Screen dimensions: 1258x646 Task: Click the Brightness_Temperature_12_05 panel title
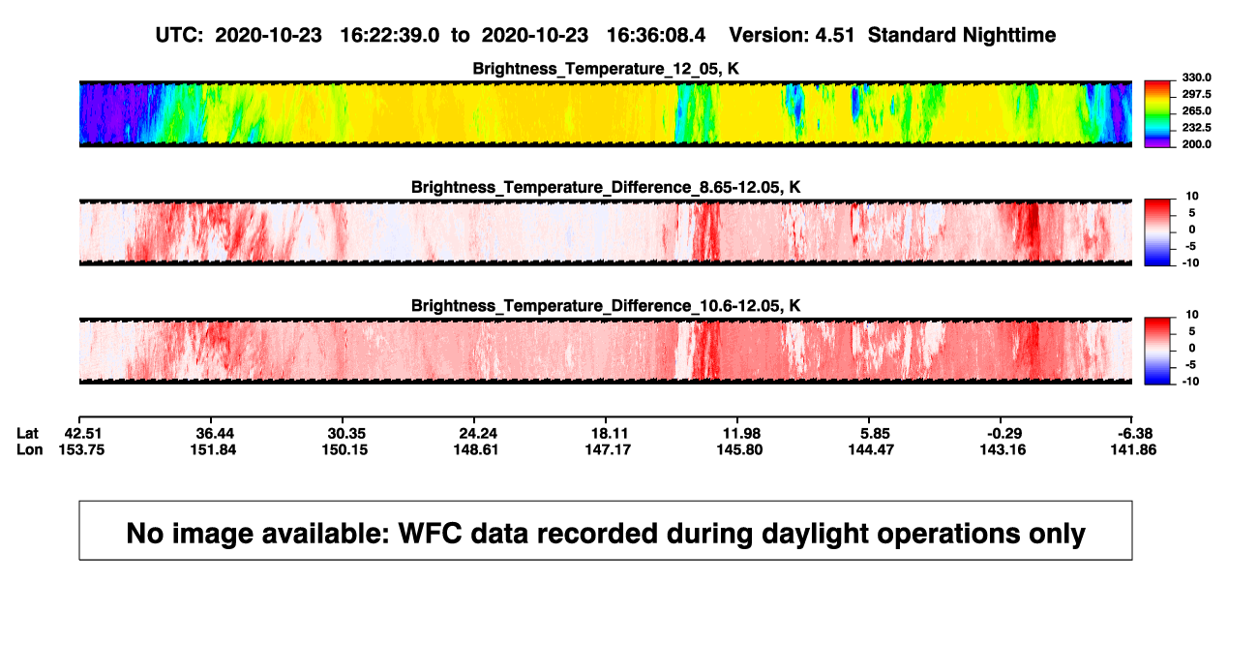606,69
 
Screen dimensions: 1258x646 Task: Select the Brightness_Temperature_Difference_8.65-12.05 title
606,187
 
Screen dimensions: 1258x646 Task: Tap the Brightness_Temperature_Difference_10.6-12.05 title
606,306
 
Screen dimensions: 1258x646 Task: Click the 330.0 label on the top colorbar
1196,77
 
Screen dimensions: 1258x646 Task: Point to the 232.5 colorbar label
1196,128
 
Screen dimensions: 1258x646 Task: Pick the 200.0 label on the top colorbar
1196,144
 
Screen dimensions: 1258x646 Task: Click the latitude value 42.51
83,434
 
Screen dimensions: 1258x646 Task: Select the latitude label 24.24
478,434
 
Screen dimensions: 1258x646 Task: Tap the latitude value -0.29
1003,434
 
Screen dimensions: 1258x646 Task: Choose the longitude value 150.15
344,449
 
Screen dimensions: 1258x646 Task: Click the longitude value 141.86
1133,449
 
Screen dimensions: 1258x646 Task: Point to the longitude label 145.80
739,449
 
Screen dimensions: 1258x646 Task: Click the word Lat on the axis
27,434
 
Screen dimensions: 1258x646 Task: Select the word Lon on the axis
29,449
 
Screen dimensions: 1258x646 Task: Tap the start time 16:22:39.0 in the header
390,36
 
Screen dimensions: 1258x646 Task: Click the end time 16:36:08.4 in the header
656,36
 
